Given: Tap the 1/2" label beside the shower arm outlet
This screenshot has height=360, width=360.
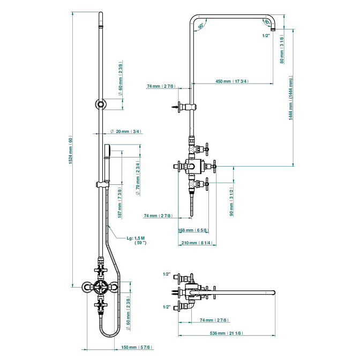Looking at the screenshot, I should pyautogui.click(x=266, y=36).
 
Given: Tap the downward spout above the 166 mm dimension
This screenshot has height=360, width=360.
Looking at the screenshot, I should pyautogui.click(x=191, y=206).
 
